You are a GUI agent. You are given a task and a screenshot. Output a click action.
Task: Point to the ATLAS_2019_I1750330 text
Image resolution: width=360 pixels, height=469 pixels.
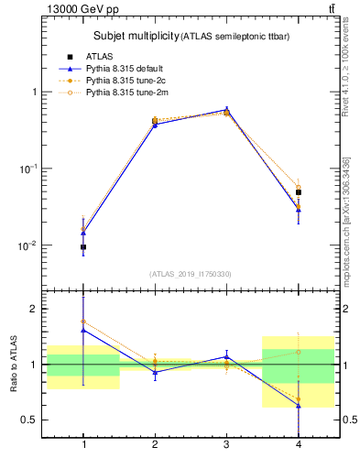click(190, 274)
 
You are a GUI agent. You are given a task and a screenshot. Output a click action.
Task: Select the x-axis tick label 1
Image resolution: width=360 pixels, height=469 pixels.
click(84, 445)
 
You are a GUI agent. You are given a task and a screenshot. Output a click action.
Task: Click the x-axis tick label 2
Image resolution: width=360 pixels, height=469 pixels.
click(155, 445)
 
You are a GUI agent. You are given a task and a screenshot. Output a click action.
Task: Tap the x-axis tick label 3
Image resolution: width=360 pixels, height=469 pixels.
click(226, 445)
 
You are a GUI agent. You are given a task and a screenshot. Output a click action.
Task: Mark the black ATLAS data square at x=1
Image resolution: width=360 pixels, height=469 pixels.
click(84, 247)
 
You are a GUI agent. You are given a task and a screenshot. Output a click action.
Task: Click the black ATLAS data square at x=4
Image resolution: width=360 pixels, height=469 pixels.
click(298, 192)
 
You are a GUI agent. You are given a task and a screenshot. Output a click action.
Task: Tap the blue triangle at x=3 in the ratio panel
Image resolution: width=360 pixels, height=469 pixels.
click(226, 357)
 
